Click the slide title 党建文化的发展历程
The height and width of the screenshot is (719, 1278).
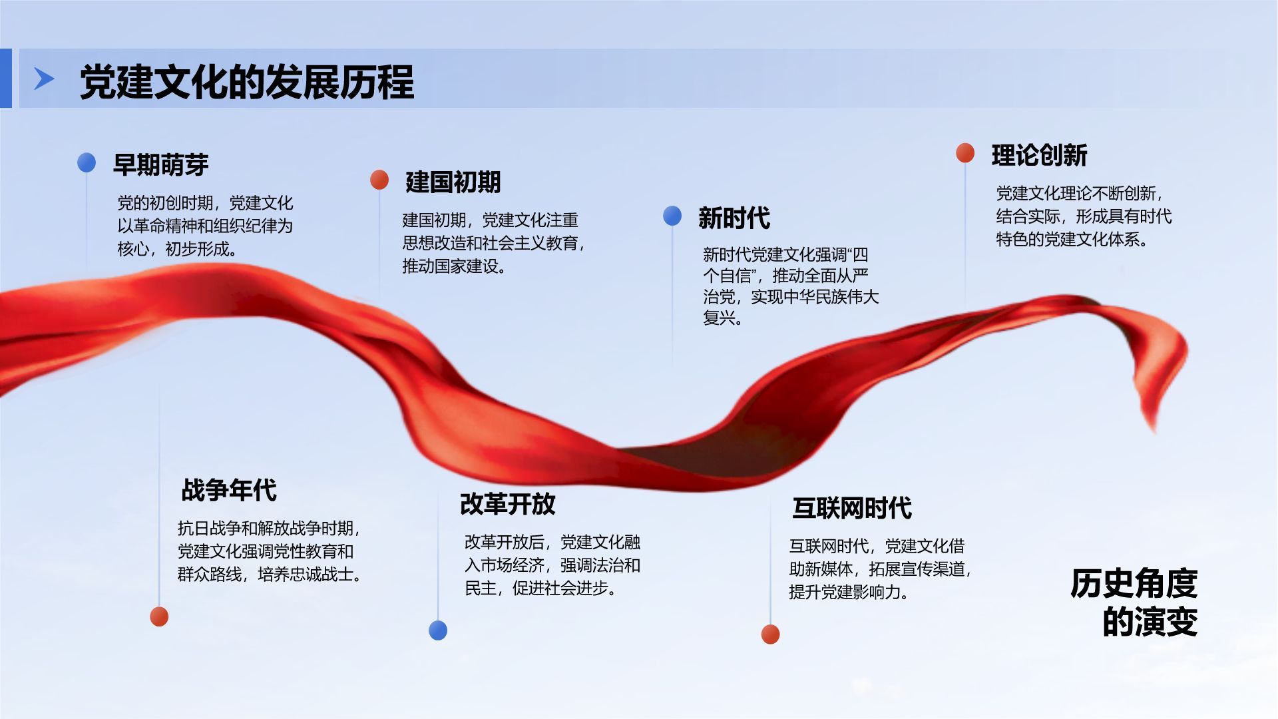[247, 82]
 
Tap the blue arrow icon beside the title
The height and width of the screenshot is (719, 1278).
[44, 79]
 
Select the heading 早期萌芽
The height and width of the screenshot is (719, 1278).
[161, 164]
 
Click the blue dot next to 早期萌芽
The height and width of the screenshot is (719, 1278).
[87, 162]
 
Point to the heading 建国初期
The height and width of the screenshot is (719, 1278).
[453, 182]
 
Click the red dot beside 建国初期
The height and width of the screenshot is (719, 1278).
[379, 180]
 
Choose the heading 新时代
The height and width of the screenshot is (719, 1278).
[734, 218]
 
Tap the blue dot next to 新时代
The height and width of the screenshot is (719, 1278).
[672, 216]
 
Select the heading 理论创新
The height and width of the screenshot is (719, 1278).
[1039, 155]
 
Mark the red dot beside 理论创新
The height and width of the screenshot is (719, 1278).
[965, 153]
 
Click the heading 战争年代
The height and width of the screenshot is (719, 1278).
[229, 490]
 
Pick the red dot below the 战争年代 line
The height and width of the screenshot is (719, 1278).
[159, 616]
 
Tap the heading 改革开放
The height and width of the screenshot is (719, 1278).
[508, 504]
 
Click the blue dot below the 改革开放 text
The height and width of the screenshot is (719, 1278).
[438, 630]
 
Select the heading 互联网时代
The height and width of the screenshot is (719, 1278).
[852, 508]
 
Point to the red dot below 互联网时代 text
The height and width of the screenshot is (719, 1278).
[770, 634]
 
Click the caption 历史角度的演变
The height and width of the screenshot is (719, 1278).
[1134, 602]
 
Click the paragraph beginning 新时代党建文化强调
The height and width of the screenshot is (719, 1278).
[791, 286]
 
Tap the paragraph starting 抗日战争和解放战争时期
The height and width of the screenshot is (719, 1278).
[270, 551]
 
